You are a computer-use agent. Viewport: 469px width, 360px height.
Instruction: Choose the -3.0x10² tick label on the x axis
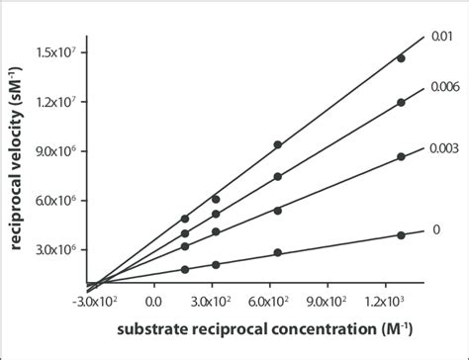coord(103,301)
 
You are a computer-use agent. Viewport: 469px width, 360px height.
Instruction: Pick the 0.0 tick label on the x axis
coord(153,301)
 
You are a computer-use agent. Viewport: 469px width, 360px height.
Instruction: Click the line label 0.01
coord(441,37)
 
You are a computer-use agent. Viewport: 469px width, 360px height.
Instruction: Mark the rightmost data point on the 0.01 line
coord(401,58)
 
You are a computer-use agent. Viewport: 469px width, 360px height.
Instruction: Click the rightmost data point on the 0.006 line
coord(401,103)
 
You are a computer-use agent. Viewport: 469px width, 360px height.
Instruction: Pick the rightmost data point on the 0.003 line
coord(401,157)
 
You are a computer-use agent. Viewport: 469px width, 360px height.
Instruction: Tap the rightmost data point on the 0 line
coord(401,235)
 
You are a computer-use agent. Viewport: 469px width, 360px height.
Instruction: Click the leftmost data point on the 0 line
coord(185,269)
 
